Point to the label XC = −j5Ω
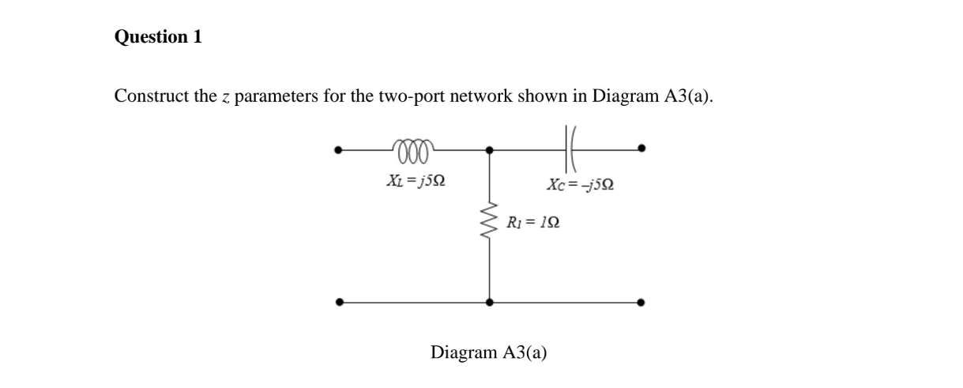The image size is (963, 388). tap(581, 185)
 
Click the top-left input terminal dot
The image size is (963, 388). tap(340, 148)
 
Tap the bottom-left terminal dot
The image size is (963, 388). tap(340, 301)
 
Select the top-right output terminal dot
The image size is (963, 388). tap(641, 148)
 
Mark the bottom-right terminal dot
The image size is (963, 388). tap(641, 301)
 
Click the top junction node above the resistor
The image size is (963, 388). tap(490, 149)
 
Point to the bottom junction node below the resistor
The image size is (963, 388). tap(490, 301)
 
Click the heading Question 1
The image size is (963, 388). tap(158, 36)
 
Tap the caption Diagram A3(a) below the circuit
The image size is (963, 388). tap(488, 352)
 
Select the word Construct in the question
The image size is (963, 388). tap(150, 96)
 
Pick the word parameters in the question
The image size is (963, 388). tap(273, 97)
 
